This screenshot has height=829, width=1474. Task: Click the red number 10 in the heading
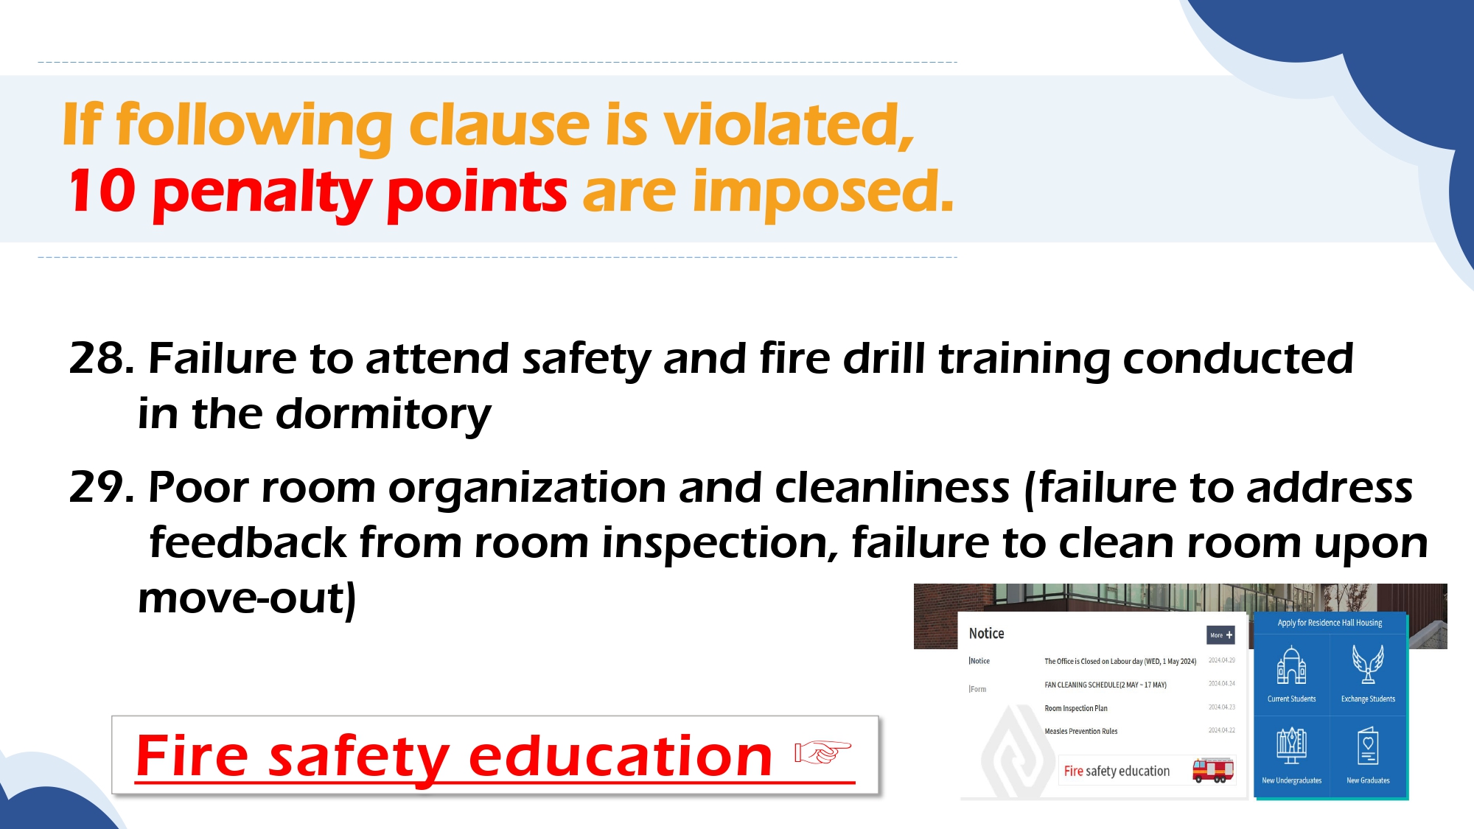102,191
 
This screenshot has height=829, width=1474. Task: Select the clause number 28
102,359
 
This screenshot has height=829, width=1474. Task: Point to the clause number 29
102,488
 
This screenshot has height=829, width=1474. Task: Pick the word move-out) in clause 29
248,598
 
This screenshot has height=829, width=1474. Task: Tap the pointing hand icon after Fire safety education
822,752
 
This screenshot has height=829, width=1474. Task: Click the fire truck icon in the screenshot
1213,770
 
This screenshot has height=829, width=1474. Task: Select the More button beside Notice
1220,635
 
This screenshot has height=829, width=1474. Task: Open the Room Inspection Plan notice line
1076,709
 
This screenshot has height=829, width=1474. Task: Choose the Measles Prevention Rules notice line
1081,732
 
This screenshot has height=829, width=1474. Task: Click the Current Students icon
1292,665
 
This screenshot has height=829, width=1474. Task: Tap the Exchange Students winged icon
1368,664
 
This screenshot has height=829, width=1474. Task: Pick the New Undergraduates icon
1292,746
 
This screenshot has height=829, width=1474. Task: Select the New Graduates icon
1368,746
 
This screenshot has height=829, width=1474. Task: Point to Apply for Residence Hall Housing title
1330,623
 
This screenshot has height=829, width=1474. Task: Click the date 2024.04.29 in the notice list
1222,660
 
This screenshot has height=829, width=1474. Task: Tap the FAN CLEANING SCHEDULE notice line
1105,685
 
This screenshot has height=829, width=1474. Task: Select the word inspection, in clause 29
720,544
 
